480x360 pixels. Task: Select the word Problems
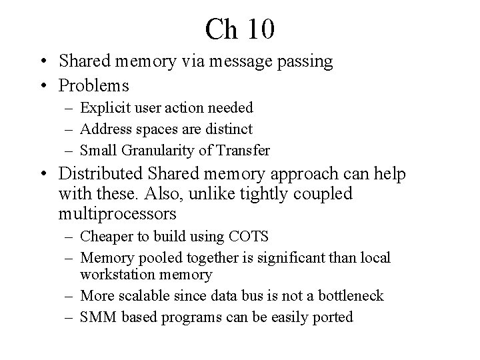[x=94, y=85]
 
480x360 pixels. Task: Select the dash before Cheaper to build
[x=69, y=236]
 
